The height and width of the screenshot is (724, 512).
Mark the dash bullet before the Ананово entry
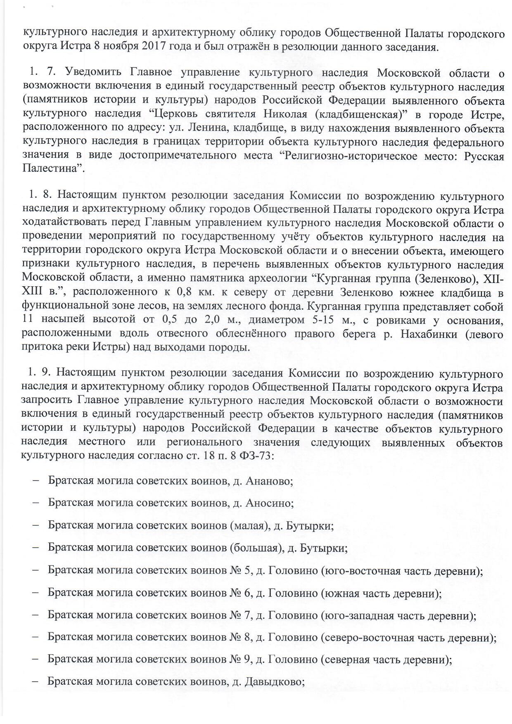36,481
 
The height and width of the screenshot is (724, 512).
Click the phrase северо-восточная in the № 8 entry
367,638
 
